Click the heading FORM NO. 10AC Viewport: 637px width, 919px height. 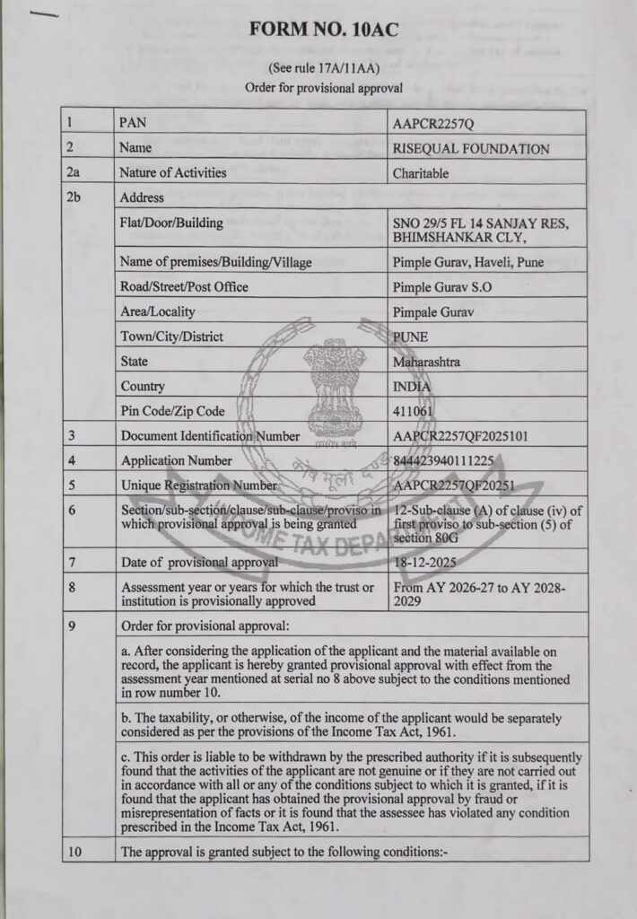pyautogui.click(x=324, y=31)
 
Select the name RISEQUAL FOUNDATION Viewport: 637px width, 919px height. pyautogui.click(x=471, y=148)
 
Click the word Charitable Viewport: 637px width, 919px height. pyautogui.click(x=421, y=173)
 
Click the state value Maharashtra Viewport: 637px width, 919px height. pyautogui.click(x=428, y=362)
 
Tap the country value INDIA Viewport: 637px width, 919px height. pyautogui.click(x=412, y=387)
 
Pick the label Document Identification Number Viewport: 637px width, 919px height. pyautogui.click(x=210, y=436)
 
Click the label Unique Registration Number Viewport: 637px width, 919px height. pyautogui.click(x=199, y=485)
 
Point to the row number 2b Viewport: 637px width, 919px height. pyautogui.click(x=74, y=197)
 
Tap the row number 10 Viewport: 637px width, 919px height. pyautogui.click(x=74, y=852)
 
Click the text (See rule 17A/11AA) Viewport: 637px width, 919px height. pyautogui.click(x=323, y=68)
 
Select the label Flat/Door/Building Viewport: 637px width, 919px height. pyautogui.click(x=170, y=223)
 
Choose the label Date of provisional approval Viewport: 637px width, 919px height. pyautogui.click(x=199, y=562)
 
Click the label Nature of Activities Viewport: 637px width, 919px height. pyautogui.click(x=173, y=173)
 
